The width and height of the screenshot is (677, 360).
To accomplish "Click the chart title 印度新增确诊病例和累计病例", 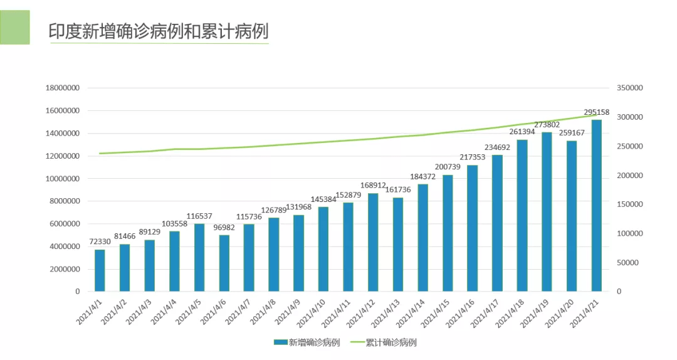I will click(159, 31).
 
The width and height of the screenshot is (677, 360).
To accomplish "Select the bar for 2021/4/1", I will click(100, 270).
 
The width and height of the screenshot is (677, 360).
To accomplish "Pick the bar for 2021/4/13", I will click(398, 245).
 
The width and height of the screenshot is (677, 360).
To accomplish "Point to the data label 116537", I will click(199, 216).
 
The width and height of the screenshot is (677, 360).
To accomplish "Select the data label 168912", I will click(373, 186).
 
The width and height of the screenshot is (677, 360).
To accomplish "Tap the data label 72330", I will click(100, 241).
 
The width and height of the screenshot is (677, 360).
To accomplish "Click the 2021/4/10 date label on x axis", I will click(312, 312).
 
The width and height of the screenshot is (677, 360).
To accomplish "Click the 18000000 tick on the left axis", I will click(62, 88).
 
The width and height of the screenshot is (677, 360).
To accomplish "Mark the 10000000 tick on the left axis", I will click(62, 179).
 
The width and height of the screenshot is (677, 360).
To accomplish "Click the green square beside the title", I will click(14, 28).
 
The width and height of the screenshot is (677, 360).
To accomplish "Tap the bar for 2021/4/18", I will click(522, 216).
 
